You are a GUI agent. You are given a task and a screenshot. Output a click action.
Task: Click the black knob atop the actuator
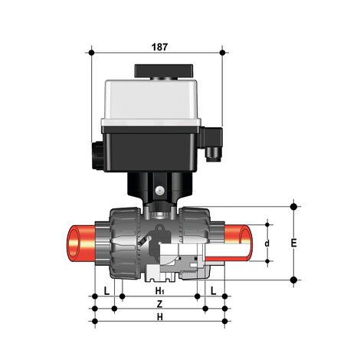pyautogui.click(x=156, y=70)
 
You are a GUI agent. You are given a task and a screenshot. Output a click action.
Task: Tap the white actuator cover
pyautogui.click(x=156, y=100)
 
